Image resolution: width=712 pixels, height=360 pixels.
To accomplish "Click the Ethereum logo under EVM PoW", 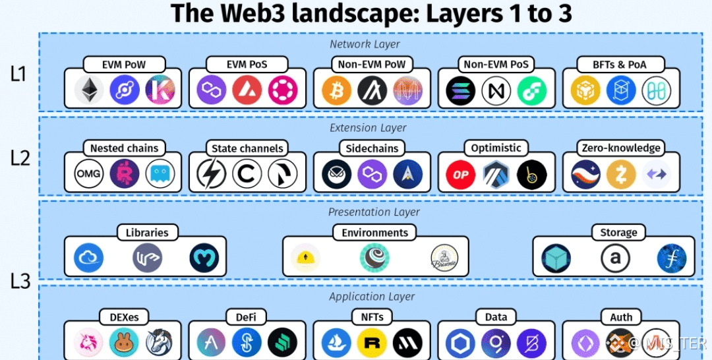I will click(88, 90).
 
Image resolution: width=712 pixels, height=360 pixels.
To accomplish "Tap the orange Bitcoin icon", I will click(337, 90).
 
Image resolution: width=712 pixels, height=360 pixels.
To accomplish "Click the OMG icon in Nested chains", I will click(88, 174).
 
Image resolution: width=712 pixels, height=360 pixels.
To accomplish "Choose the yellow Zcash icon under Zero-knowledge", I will click(621, 174).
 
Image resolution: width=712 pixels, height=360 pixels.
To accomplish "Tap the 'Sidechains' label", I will click(372, 148).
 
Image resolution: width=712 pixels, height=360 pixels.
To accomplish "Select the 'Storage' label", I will click(618, 232).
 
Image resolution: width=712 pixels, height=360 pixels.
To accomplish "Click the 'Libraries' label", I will click(147, 232).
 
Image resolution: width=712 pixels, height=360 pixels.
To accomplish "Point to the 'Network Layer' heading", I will click(365, 44).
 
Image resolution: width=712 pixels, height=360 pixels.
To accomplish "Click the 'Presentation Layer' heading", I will click(374, 212).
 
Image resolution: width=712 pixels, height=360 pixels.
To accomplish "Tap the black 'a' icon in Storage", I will click(614, 258).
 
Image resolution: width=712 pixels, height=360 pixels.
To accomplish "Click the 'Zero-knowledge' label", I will click(621, 148).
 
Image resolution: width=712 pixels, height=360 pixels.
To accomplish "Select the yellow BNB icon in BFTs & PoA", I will click(585, 90).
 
